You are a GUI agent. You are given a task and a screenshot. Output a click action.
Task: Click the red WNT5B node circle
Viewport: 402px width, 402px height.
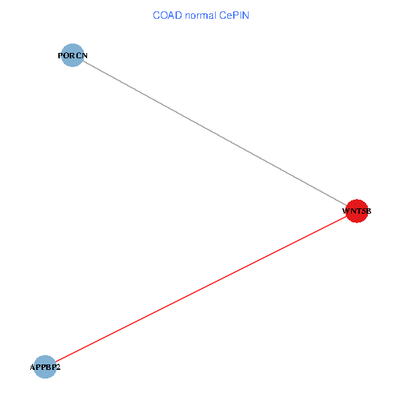[356, 211]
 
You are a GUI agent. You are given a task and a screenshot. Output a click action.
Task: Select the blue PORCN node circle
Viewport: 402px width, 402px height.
[72, 55]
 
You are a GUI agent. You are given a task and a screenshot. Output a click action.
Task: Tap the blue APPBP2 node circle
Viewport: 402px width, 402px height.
[45, 367]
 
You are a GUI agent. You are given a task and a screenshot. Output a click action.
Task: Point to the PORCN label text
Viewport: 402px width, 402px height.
[73, 55]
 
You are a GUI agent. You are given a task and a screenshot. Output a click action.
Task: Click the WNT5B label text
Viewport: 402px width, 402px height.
[356, 212]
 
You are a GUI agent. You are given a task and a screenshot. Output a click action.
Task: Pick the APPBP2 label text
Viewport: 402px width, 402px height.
[45, 367]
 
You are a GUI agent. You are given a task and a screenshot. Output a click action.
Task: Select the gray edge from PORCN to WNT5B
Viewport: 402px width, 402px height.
[214, 133]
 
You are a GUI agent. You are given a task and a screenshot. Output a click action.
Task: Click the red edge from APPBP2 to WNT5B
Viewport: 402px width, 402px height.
[201, 289]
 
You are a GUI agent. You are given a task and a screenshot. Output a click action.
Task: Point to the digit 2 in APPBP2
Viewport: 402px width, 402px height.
[58, 367]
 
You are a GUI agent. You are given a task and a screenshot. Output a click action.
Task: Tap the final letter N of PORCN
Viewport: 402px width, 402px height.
[84, 55]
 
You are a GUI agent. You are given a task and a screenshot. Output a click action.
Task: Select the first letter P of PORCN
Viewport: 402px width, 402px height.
[61, 55]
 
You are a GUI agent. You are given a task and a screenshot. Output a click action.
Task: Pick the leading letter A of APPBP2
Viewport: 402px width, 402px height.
[33, 367]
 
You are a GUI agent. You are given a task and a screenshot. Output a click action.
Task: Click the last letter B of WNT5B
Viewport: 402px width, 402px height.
[367, 212]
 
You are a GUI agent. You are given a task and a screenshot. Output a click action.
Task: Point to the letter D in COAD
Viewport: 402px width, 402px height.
[178, 15]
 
